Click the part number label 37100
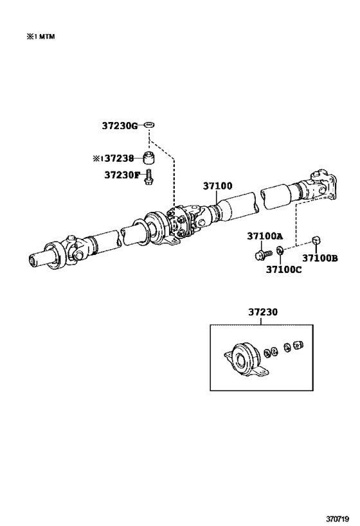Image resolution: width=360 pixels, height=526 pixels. tap(217, 186)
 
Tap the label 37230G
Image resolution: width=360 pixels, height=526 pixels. tap(119, 125)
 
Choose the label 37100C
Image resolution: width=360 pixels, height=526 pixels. tap(283, 269)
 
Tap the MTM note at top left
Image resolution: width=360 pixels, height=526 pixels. tap(40, 37)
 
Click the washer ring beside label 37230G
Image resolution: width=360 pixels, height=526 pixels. tap(149, 124)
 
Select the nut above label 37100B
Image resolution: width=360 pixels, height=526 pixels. tap(316, 241)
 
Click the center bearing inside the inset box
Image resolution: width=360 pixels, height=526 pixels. tap(244, 358)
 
